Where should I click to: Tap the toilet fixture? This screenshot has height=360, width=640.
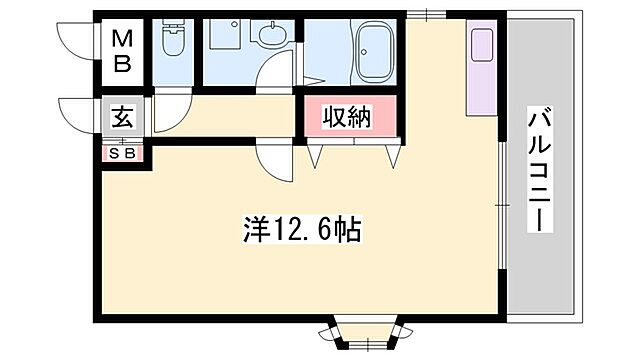(174, 41)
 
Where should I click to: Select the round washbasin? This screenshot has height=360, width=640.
(271, 39)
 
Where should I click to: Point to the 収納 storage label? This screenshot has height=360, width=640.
(347, 117)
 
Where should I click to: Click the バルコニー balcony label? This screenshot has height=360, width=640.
(541, 169)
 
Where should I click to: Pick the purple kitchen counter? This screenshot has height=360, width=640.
(480, 84)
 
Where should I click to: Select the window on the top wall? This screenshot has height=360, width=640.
(424, 14)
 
